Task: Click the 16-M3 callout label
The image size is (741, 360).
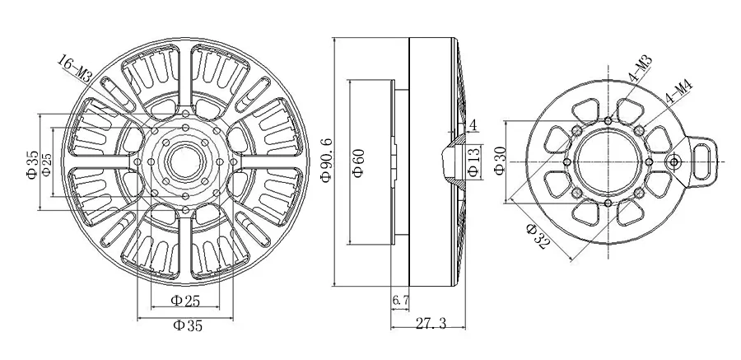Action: pyautogui.click(x=74, y=69)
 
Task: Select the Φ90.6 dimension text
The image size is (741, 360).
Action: pyautogui.click(x=327, y=161)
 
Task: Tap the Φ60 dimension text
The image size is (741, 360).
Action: pyautogui.click(x=359, y=163)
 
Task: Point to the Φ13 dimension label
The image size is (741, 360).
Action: pyautogui.click(x=474, y=161)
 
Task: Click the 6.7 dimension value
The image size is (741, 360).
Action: pyautogui.click(x=400, y=300)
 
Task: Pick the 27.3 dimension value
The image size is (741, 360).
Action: pyautogui.click(x=431, y=323)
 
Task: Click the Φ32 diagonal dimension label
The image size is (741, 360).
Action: pyautogui.click(x=538, y=237)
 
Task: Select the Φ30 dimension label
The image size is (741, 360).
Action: pyautogui.click(x=501, y=161)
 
